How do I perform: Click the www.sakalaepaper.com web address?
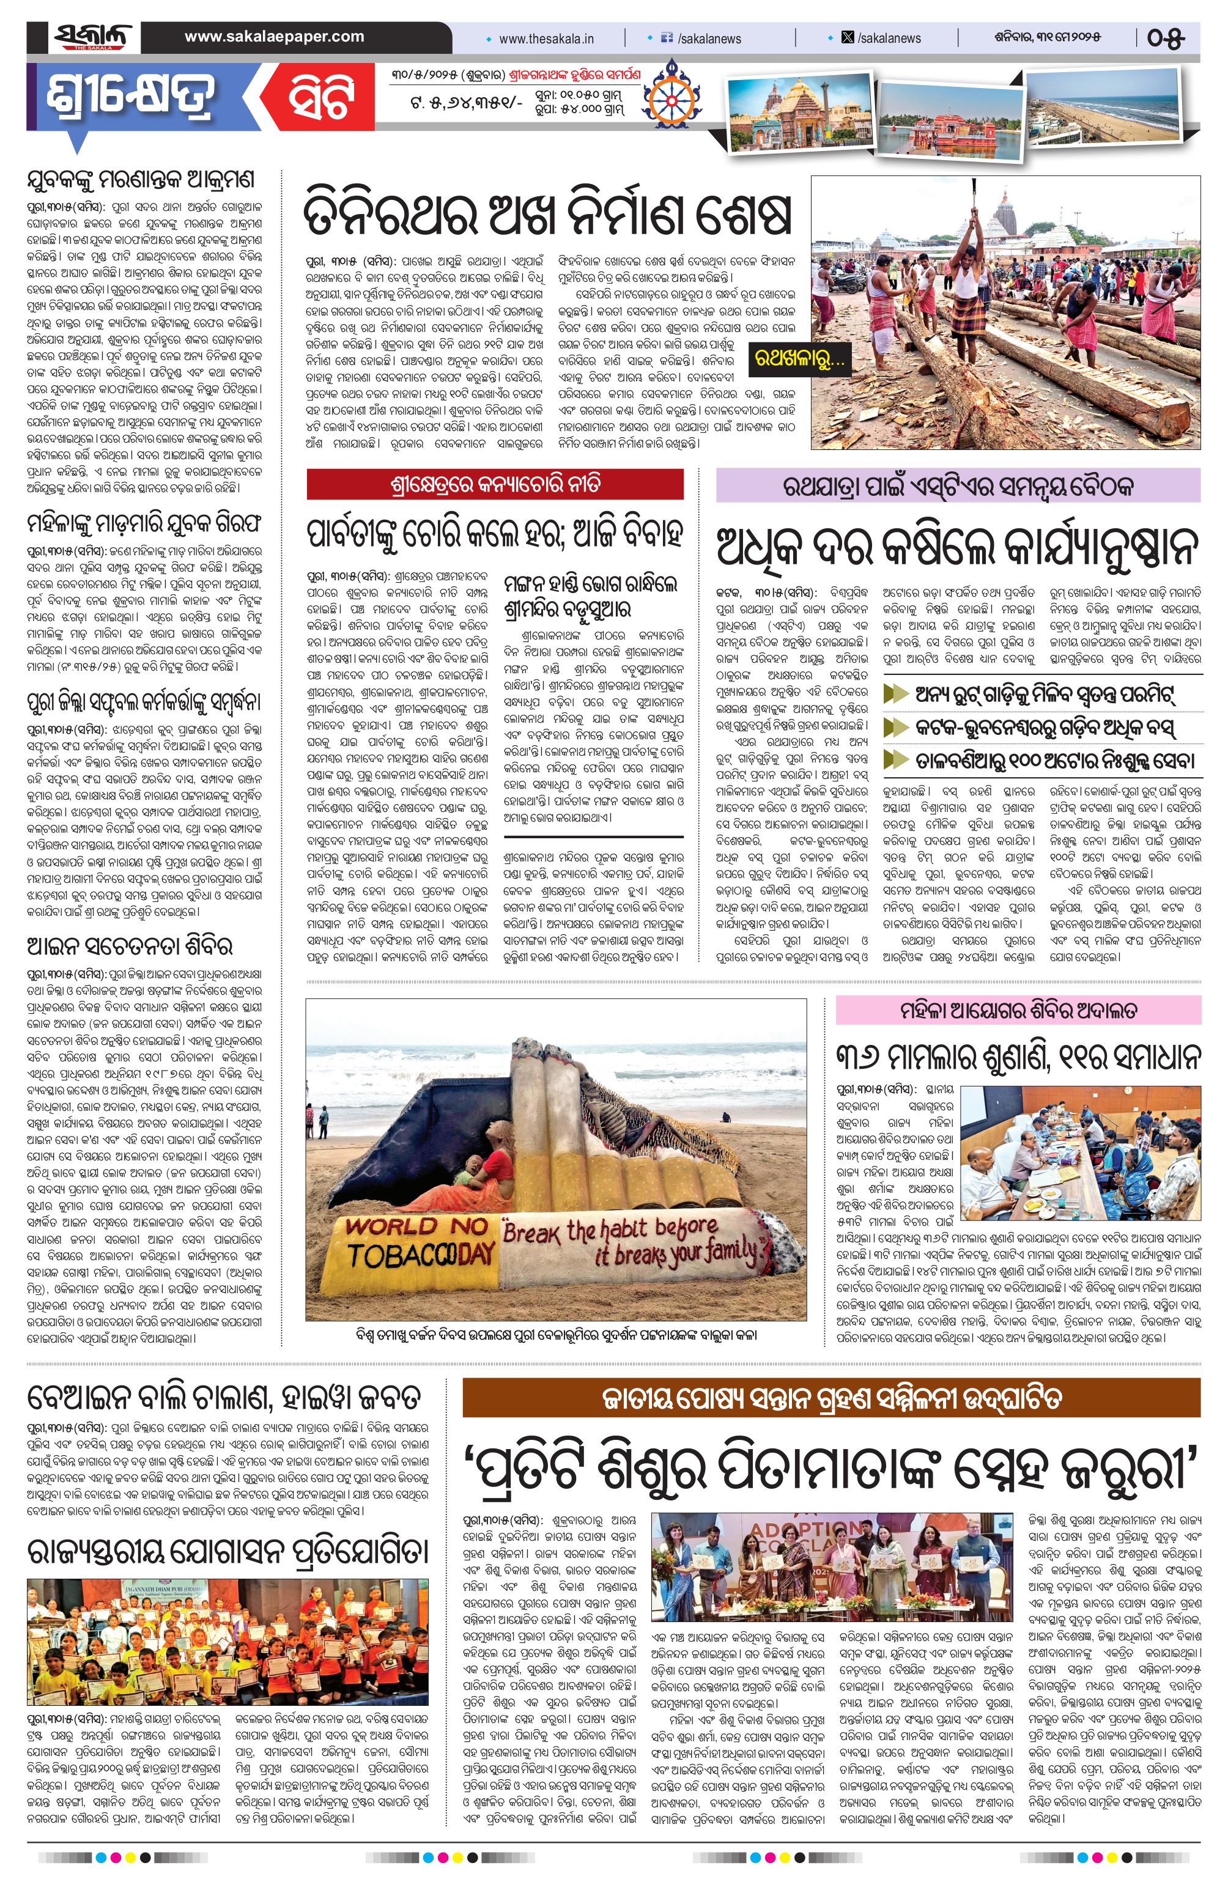coord(274,37)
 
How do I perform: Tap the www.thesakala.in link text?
coord(546,38)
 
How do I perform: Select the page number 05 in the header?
coord(1166,37)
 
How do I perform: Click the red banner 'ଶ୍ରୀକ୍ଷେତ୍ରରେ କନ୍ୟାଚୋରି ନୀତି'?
coord(495,484)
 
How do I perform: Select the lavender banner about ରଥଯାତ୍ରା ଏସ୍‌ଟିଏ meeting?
coord(958,485)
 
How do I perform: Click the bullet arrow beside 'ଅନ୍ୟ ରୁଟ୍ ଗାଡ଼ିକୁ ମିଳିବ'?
coord(895,695)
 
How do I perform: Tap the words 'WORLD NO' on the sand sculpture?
coord(416,1228)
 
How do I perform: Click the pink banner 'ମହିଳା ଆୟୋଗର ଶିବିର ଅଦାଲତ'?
coord(1018,1010)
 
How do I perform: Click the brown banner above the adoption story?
coord(831,1399)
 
